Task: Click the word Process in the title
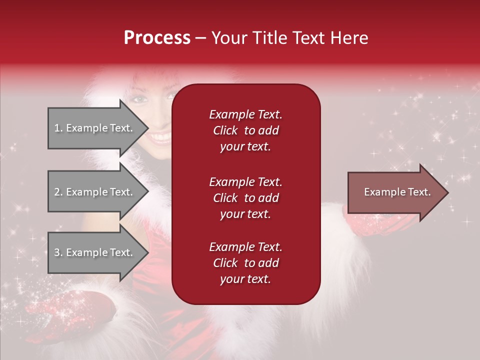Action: click(x=157, y=38)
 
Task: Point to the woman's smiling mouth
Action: click(x=161, y=137)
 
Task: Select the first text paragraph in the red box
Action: click(x=245, y=130)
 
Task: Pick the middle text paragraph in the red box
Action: click(x=245, y=198)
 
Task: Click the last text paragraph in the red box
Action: click(x=245, y=263)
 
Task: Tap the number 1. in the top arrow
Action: click(x=58, y=128)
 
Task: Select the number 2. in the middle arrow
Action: click(x=58, y=192)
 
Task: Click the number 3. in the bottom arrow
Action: click(x=58, y=252)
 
